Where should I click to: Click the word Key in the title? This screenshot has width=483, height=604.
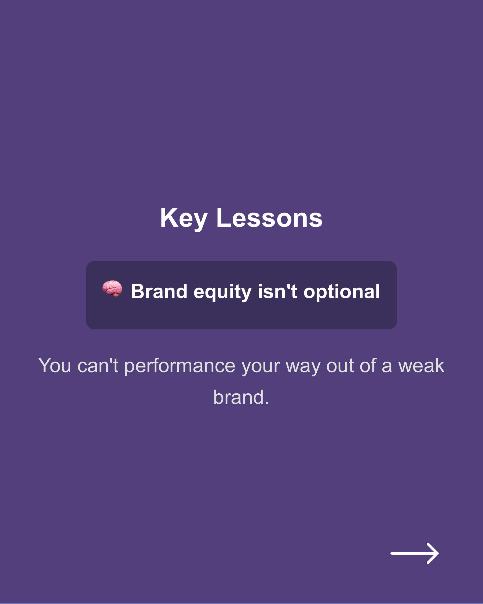[x=184, y=219]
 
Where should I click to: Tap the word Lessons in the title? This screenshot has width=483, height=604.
[x=269, y=218]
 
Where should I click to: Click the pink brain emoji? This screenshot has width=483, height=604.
[x=112, y=288]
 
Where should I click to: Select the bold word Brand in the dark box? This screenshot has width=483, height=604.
[x=159, y=291]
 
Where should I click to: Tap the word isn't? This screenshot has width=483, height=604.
[x=277, y=291]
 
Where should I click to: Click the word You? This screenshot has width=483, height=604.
[x=55, y=366]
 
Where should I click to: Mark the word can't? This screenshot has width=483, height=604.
[x=98, y=366]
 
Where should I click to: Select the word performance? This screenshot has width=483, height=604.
[x=180, y=366]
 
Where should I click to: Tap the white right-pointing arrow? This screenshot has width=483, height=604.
[x=414, y=553]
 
